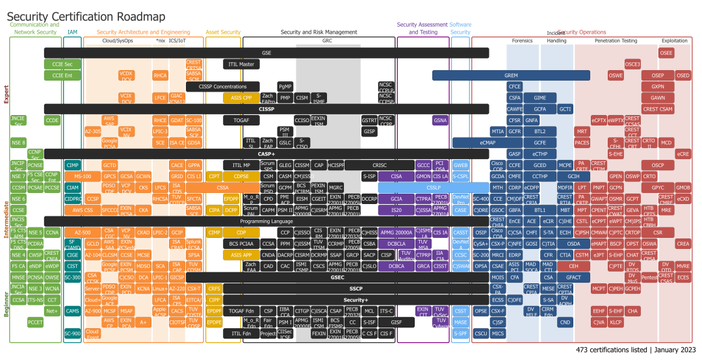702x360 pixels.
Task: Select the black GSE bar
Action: point(266,53)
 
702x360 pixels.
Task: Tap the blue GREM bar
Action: point(511,75)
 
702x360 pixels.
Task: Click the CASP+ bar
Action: point(266,154)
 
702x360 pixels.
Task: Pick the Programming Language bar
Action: point(266,221)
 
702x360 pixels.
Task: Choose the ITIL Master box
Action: point(242,64)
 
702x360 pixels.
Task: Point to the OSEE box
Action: point(666,53)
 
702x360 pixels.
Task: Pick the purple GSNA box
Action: point(441,120)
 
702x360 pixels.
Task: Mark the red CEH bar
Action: point(573,266)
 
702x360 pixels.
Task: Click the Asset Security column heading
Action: point(223,32)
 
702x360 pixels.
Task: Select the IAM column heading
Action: point(73,32)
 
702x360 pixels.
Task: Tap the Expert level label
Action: point(6,94)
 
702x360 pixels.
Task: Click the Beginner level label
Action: point(6,305)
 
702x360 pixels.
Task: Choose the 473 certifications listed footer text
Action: point(634,350)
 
